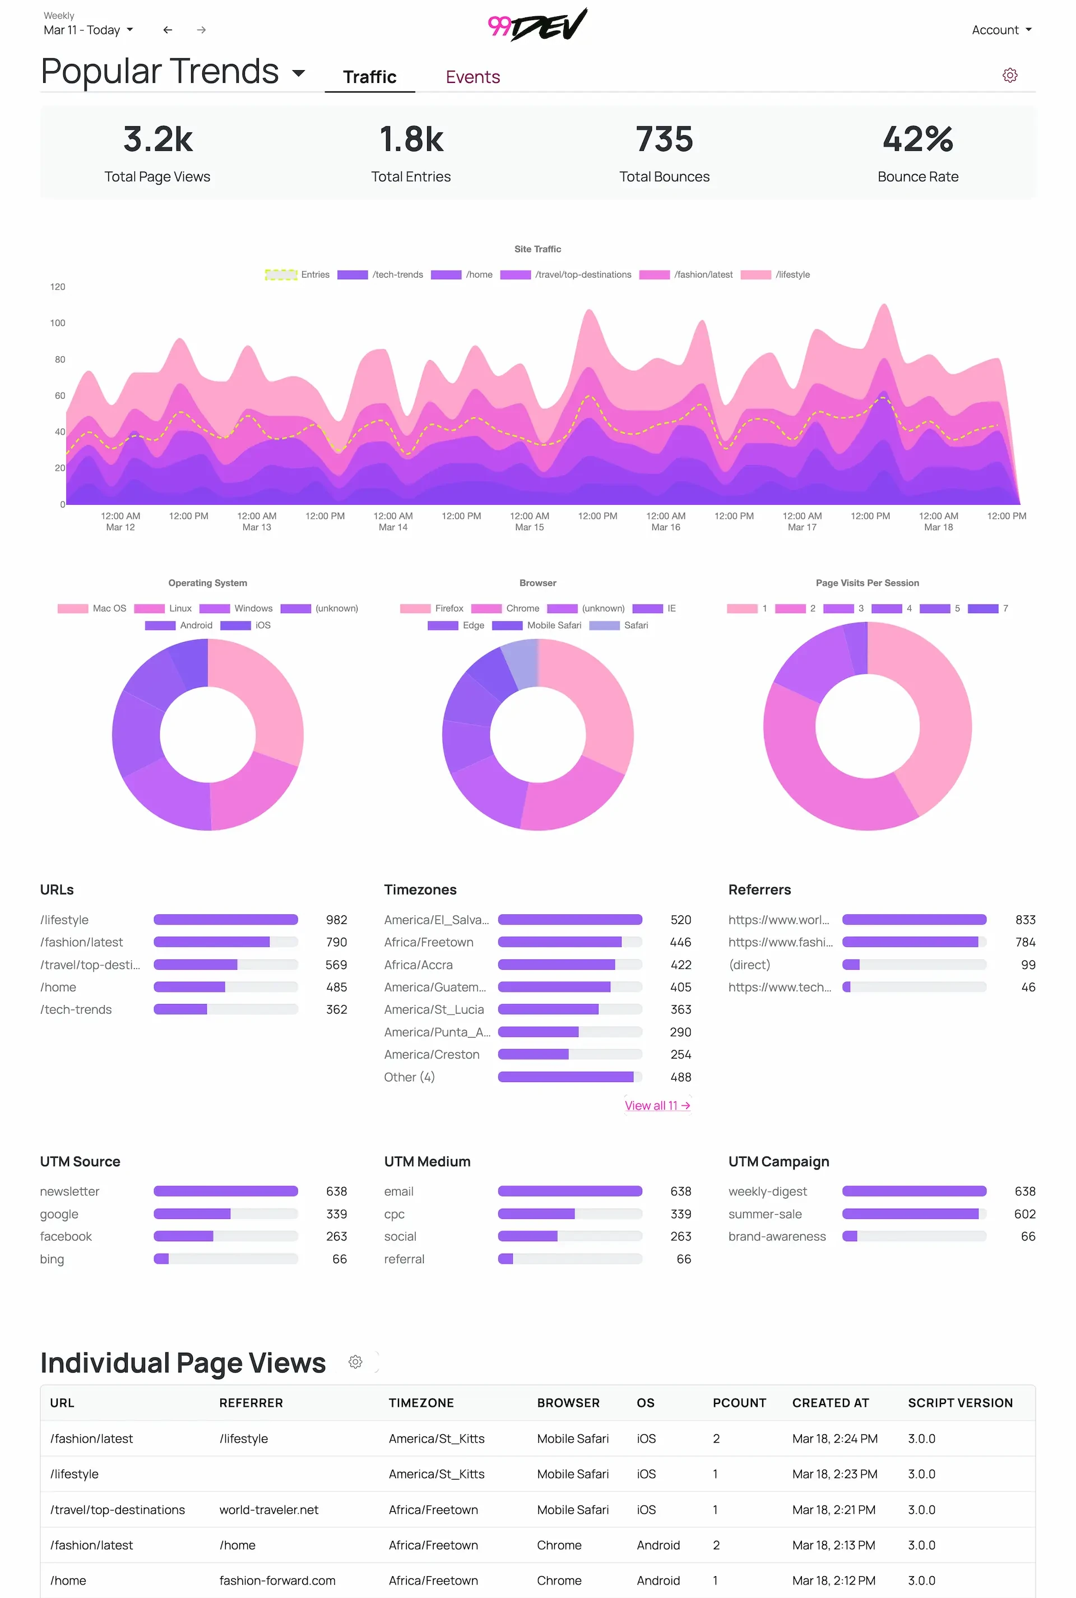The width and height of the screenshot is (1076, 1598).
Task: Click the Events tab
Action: click(x=473, y=77)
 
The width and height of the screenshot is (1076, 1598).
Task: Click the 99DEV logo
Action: click(x=537, y=25)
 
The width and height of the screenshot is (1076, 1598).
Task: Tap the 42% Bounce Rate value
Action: click(x=917, y=140)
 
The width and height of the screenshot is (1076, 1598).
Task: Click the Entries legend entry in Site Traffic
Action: click(x=297, y=275)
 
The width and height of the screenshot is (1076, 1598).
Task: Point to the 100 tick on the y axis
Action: click(x=58, y=323)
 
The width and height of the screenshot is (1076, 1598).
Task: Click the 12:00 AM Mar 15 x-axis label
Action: click(x=529, y=521)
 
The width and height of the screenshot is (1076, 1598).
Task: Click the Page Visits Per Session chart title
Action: click(x=867, y=583)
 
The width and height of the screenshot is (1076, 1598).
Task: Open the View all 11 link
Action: click(x=657, y=1106)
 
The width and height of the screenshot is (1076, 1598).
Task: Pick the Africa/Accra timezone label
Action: click(x=418, y=965)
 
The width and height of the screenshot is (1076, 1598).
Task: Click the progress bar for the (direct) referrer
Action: click(x=913, y=965)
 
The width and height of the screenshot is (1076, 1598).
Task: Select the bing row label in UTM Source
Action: click(x=52, y=1259)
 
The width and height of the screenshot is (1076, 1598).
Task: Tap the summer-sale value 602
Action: click(x=1024, y=1214)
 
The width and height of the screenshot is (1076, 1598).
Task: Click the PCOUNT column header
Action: click(x=739, y=1403)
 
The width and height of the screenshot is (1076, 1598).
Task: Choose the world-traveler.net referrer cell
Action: click(x=269, y=1509)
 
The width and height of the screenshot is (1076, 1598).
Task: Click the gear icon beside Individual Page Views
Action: click(x=355, y=1362)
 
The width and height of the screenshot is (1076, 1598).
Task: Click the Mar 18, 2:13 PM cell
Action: click(x=833, y=1545)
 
